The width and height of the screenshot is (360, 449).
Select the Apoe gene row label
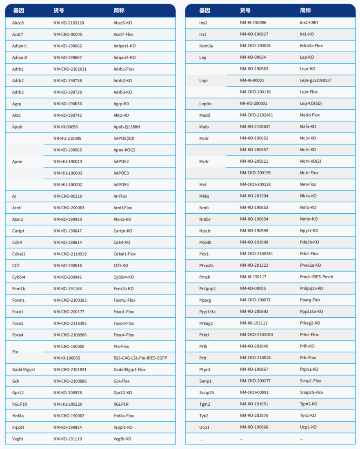(17, 161)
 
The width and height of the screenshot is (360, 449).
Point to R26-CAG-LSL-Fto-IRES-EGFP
(140, 358)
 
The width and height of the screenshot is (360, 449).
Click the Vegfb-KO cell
(122, 439)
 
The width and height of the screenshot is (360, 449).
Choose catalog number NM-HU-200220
(68, 404)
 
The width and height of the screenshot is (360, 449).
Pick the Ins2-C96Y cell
(309, 23)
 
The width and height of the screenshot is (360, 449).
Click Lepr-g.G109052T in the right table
(316, 80)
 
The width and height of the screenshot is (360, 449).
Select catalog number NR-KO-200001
(253, 104)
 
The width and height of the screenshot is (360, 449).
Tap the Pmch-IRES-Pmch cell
(316, 277)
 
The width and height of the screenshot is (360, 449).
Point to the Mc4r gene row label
(204, 161)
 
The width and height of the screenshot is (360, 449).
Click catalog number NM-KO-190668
(254, 427)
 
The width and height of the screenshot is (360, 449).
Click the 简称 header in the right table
(305, 11)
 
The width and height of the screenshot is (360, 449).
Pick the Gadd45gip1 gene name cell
(24, 369)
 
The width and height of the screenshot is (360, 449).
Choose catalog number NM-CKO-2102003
(256, 334)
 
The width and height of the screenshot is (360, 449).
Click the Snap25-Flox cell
(311, 392)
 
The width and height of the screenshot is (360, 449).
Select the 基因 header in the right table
(204, 11)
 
